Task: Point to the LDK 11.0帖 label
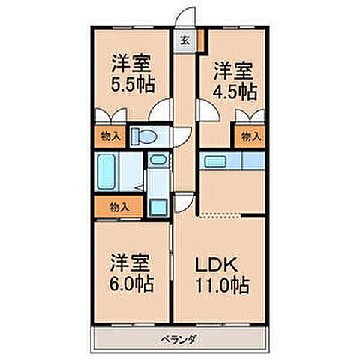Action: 223,274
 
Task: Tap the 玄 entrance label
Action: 184,40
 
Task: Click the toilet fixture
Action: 143,136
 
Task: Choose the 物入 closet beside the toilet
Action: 108,136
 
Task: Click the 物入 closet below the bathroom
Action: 117,206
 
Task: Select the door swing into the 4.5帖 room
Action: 207,114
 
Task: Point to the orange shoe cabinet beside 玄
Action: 200,40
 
